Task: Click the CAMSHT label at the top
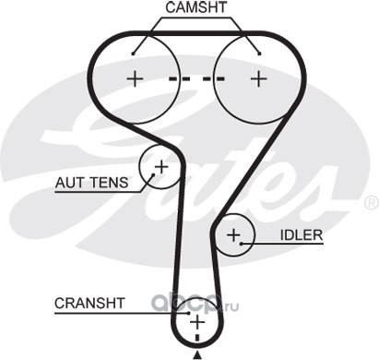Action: (196, 7)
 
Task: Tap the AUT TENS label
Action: (91, 183)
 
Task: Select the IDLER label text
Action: (302, 235)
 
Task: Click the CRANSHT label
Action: (89, 303)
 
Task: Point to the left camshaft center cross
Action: (135, 78)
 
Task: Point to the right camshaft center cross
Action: (259, 78)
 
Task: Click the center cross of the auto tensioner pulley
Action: (161, 167)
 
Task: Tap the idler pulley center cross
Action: (233, 235)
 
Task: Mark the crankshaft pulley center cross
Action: (197, 322)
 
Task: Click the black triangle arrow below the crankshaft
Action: (197, 355)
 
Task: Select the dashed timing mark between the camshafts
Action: (196, 79)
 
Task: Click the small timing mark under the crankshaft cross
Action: (197, 338)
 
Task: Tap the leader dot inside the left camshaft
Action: (133, 54)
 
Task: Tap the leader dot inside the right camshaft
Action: (259, 54)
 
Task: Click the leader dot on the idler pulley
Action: (242, 244)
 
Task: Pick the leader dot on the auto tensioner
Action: (153, 174)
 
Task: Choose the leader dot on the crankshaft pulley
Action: (189, 313)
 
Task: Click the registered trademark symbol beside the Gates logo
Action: (372, 203)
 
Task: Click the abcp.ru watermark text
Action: (195, 304)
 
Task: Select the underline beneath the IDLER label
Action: (282, 244)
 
